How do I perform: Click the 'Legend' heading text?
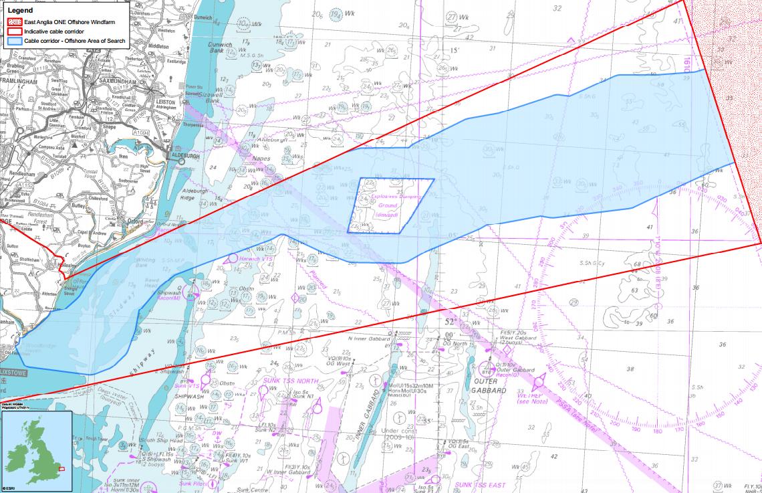click(x=19, y=11)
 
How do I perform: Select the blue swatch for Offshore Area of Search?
click(x=14, y=41)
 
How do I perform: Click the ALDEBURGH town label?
click(x=189, y=155)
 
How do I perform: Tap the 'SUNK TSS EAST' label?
click(x=480, y=484)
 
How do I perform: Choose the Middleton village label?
click(x=158, y=46)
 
